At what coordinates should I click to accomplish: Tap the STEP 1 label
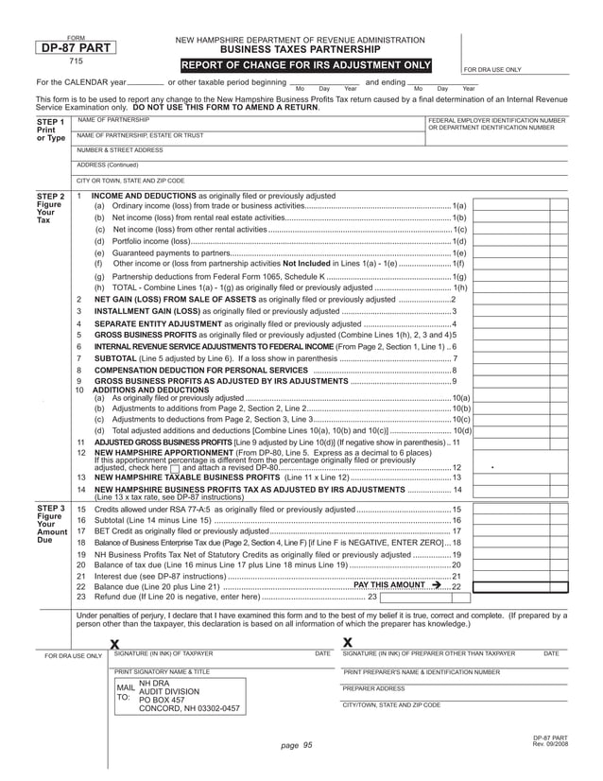tap(49, 123)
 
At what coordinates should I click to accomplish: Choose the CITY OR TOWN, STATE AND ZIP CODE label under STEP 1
tap(130, 180)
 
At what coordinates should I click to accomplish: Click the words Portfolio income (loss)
tap(151, 241)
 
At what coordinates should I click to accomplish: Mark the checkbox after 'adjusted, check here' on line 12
tap(175, 468)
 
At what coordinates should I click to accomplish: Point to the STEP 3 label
tap(49, 509)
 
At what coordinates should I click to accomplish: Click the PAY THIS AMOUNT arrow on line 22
tap(436, 585)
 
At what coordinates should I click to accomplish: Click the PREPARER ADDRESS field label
tap(373, 688)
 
